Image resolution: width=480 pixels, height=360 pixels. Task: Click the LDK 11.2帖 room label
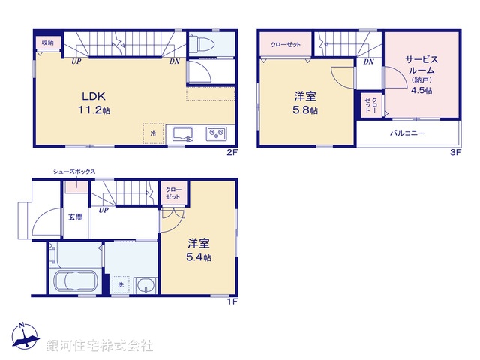[96, 102]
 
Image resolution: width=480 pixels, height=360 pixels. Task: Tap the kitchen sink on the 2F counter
[182, 134]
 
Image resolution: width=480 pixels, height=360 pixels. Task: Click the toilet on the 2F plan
[202, 46]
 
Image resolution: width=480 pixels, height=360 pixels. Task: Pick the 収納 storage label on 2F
[47, 42]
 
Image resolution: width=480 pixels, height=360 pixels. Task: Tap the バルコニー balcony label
[407, 133]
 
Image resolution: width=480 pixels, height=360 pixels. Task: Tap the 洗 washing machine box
[120, 284]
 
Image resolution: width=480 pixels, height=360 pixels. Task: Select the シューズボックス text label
[73, 172]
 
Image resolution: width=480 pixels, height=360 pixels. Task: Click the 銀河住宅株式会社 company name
[99, 345]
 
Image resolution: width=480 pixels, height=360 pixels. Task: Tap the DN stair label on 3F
[368, 62]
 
